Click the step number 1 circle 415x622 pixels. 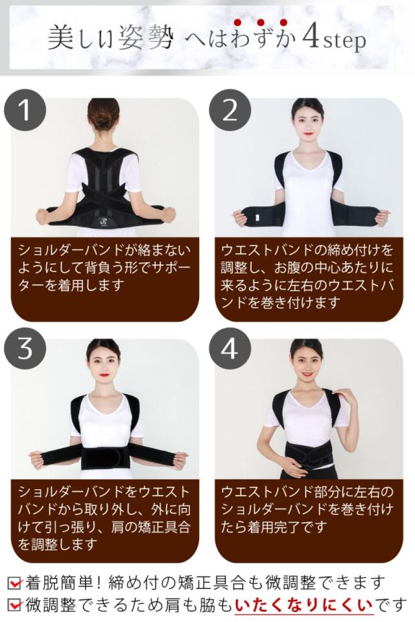click(25, 110)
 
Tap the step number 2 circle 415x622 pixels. click(230, 110)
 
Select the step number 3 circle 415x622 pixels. click(25, 348)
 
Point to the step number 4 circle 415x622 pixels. click(230, 348)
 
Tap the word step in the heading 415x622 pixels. click(344, 41)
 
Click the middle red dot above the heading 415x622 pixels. click(261, 22)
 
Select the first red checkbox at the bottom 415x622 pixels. click(15, 583)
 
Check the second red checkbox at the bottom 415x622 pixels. click(15, 605)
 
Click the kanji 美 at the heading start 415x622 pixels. click(61, 38)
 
